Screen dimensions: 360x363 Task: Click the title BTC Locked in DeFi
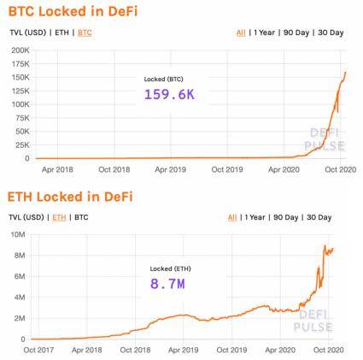pyautogui.click(x=73, y=11)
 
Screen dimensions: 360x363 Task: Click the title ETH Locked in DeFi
pyautogui.click(x=71, y=197)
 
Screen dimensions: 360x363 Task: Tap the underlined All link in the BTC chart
pyautogui.click(x=241, y=32)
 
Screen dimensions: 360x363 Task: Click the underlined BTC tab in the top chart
pyautogui.click(x=85, y=32)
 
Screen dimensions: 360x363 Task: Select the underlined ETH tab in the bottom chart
pyautogui.click(x=59, y=217)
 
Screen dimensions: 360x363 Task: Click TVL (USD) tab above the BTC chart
pyautogui.click(x=27, y=32)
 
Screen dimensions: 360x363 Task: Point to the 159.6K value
pyautogui.click(x=169, y=94)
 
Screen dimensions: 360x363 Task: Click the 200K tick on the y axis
pyautogui.click(x=20, y=50)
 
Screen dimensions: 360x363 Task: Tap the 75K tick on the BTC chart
pyautogui.click(x=21, y=117)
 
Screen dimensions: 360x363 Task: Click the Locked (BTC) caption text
pyautogui.click(x=161, y=79)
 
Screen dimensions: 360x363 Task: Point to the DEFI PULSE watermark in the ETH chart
pyautogui.click(x=313, y=321)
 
